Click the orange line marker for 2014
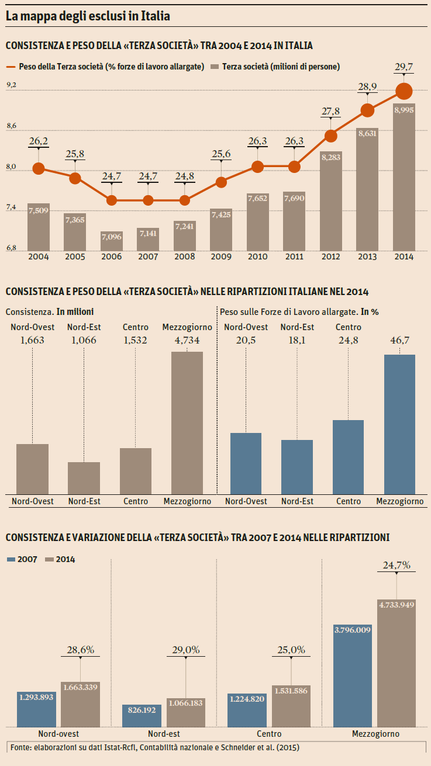[404, 91]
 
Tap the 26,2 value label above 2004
[39, 141]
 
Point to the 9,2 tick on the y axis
[11, 85]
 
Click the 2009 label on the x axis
[221, 257]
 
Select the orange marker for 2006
[112, 200]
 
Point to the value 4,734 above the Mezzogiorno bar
[187, 340]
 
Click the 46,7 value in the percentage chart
[399, 340]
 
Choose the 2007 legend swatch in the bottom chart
[11, 559]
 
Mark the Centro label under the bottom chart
[269, 733]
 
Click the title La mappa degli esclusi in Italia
[88, 16]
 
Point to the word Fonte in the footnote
[20, 747]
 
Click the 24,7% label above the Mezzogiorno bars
[396, 565]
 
